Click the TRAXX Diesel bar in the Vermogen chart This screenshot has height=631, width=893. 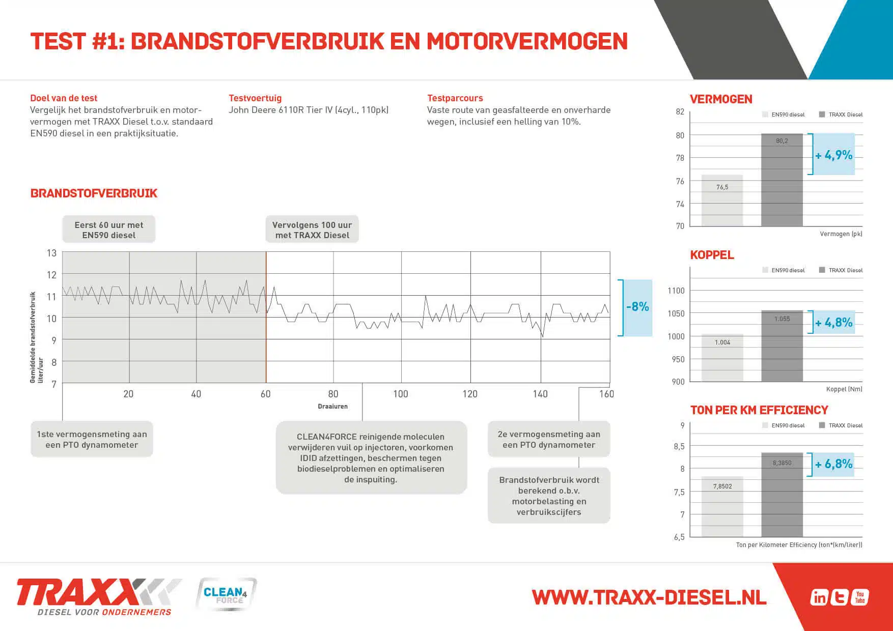782,181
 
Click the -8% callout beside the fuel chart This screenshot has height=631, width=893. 637,307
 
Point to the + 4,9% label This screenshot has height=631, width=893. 833,155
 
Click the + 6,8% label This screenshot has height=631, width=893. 833,464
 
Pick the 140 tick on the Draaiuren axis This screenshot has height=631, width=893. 540,394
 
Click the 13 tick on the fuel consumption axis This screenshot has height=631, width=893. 51,253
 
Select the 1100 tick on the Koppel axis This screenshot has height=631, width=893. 676,291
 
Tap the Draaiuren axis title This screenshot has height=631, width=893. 332,407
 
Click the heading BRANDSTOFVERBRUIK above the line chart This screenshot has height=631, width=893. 94,193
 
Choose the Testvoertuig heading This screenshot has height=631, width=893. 255,98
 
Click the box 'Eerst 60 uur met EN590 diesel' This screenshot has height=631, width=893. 109,230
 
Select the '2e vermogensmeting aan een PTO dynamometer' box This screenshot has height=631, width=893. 549,440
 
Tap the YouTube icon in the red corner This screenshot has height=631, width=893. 859,597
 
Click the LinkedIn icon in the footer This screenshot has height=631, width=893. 819,597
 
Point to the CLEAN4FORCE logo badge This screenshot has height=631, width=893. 226,594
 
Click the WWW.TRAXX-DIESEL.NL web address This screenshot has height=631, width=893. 649,597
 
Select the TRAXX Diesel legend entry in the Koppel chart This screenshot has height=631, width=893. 841,270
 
